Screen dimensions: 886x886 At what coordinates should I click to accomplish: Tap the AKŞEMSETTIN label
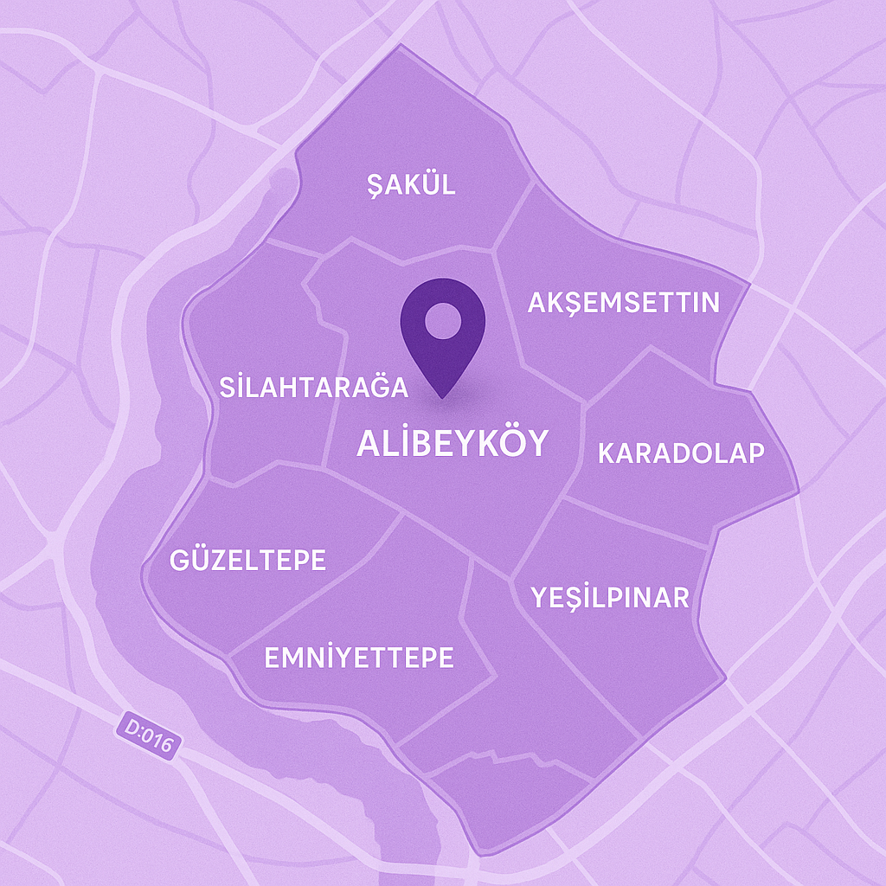624,303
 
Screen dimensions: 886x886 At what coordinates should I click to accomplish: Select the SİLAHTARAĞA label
313,387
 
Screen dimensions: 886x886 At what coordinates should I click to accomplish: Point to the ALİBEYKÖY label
453,443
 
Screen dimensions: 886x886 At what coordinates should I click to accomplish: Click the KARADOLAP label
682,453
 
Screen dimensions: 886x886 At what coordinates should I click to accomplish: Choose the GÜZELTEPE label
248,561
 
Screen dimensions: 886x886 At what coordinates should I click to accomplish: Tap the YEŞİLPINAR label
611,597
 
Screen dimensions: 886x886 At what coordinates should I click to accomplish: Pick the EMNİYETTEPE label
358,658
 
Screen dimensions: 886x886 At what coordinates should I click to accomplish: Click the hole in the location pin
442,321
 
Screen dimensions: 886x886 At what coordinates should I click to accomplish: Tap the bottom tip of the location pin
442,397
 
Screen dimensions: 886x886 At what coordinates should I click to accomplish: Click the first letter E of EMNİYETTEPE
271,658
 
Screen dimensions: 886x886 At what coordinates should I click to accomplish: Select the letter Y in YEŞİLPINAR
541,597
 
